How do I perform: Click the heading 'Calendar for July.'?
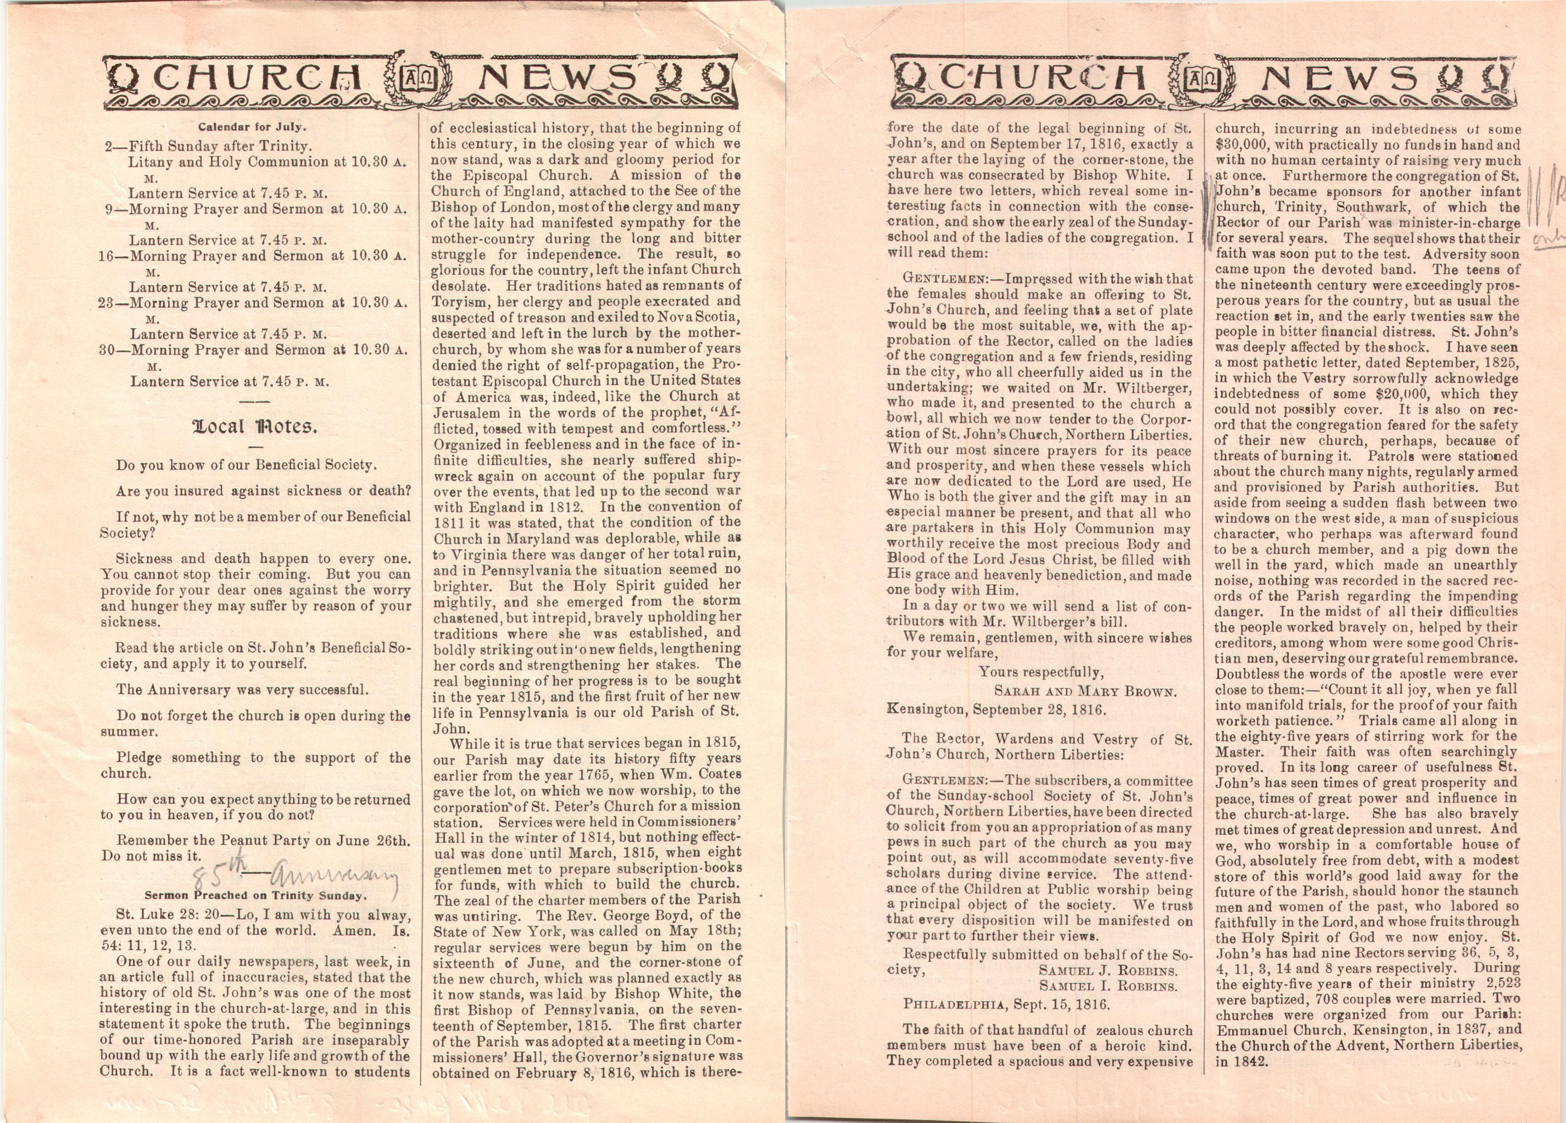click(252, 127)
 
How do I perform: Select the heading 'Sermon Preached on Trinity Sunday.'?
click(254, 895)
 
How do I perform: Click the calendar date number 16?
click(106, 256)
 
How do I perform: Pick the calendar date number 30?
click(106, 350)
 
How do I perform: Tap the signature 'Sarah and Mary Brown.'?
click(1085, 691)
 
